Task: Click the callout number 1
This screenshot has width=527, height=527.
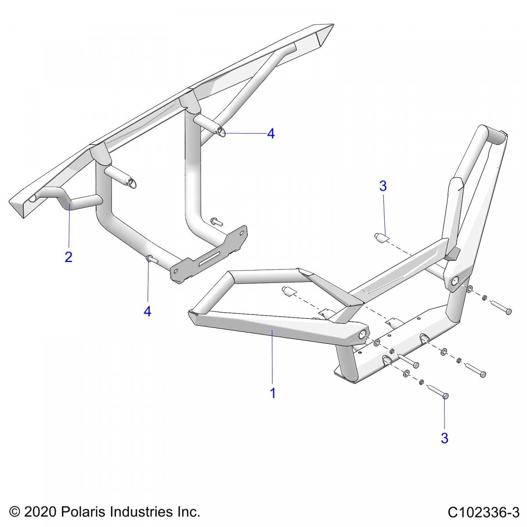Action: click(272, 393)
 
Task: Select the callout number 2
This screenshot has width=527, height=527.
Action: click(69, 257)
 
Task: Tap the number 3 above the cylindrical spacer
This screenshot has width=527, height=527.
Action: click(383, 186)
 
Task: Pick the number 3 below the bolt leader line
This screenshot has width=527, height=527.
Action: click(444, 438)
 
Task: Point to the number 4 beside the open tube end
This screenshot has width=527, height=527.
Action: click(271, 134)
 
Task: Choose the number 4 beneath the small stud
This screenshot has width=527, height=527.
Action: click(148, 311)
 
